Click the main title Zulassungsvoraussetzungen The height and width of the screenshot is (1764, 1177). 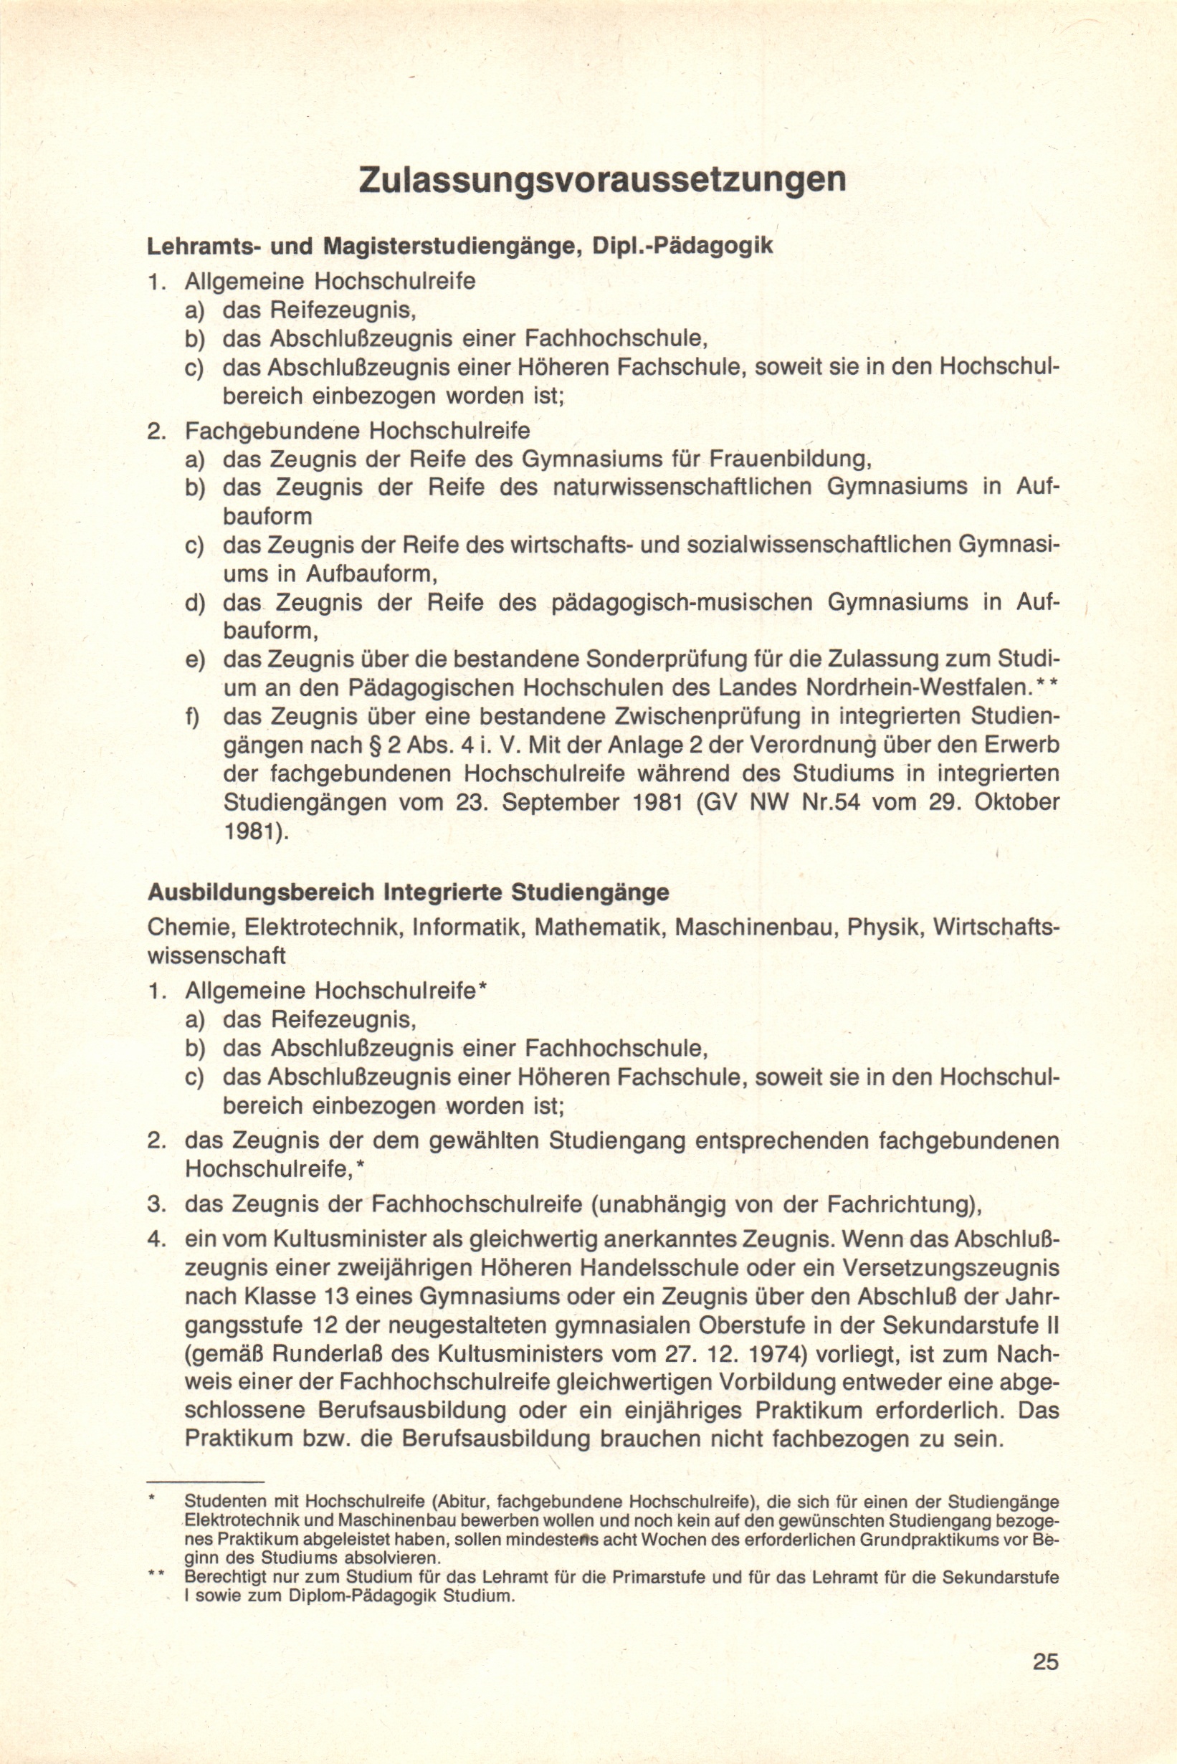[603, 181]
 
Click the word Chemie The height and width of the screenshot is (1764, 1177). [189, 928]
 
